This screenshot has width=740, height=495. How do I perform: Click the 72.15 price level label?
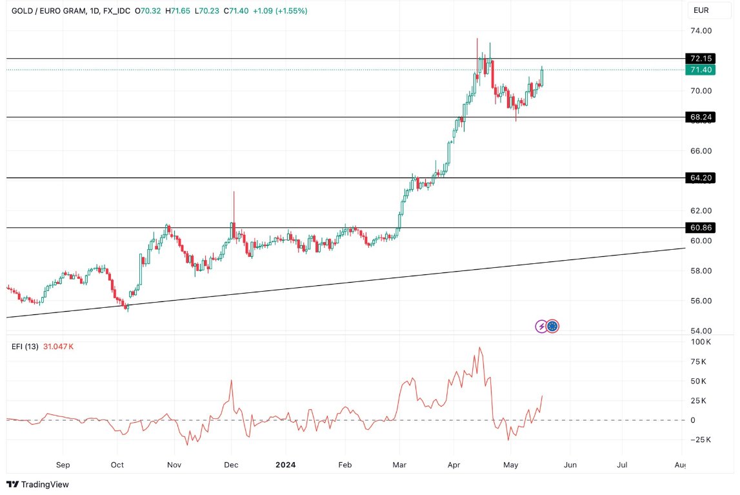point(701,58)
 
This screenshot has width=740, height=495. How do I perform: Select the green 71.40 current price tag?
point(701,70)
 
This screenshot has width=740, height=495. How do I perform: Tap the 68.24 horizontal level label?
point(701,117)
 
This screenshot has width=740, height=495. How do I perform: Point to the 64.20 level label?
point(701,177)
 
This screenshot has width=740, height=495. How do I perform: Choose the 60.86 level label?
point(701,228)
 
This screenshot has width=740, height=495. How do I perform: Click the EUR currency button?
point(701,10)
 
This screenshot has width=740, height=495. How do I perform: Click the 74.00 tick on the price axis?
point(701,30)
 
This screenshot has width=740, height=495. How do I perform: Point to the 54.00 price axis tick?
point(701,330)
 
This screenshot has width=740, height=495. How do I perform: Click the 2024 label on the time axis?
point(285,465)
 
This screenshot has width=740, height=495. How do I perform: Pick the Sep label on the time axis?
point(63,465)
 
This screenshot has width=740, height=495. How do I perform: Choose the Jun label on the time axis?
point(570,465)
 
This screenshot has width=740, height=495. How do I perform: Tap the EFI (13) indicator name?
point(26,347)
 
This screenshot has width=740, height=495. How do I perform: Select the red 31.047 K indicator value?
point(59,347)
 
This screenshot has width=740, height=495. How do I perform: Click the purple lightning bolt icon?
point(541,326)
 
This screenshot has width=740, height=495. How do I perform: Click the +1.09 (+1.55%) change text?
point(280,11)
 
